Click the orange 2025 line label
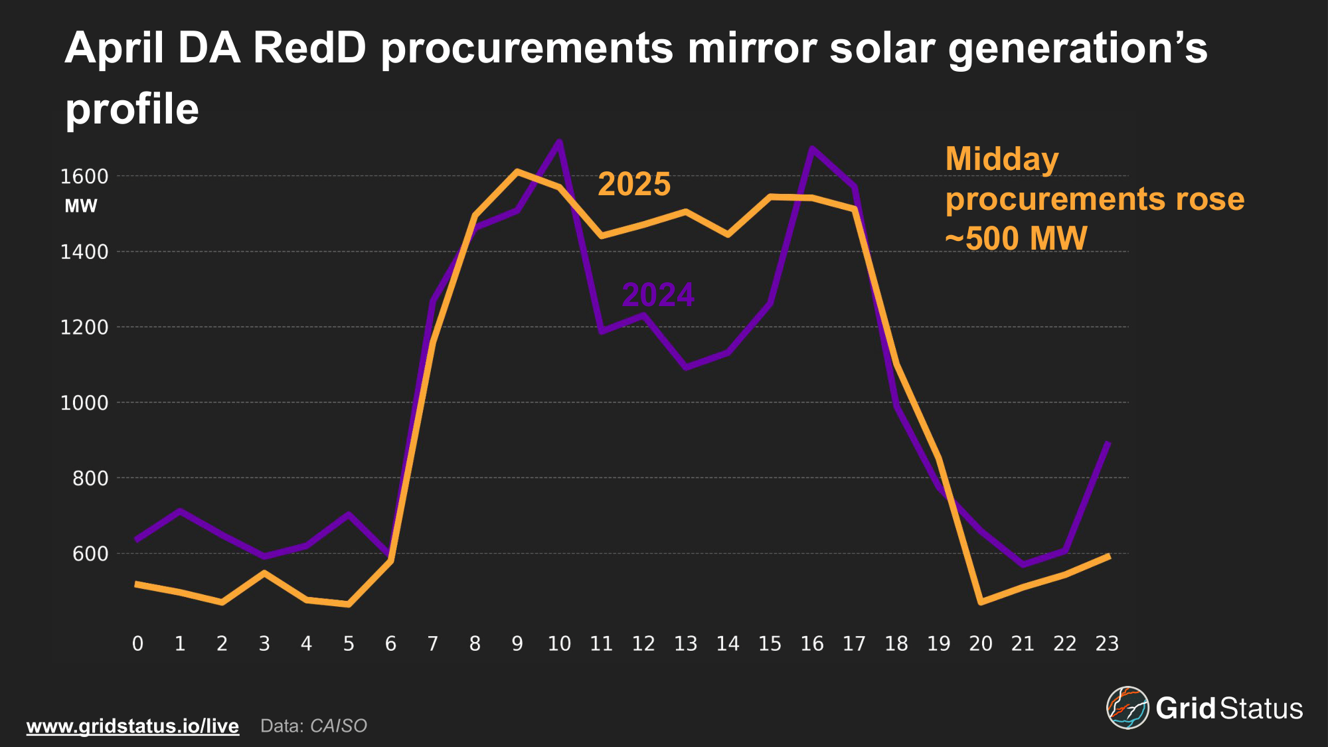(x=634, y=184)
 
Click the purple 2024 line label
(x=658, y=295)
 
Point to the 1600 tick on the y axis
(x=84, y=177)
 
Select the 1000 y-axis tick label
(x=84, y=403)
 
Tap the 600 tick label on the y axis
(x=90, y=554)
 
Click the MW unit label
(x=81, y=207)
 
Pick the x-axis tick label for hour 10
(x=559, y=643)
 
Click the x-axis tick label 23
(x=1107, y=643)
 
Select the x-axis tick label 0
(x=137, y=643)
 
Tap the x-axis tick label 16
(x=812, y=643)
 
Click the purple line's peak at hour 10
(x=559, y=142)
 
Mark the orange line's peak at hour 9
(x=517, y=171)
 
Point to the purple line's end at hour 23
(x=1107, y=443)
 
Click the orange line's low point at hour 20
(x=981, y=602)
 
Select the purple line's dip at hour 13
(x=685, y=367)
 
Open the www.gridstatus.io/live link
(x=133, y=726)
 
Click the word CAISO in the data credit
(x=339, y=726)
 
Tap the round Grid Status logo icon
(x=1127, y=708)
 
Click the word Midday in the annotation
(x=1002, y=159)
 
